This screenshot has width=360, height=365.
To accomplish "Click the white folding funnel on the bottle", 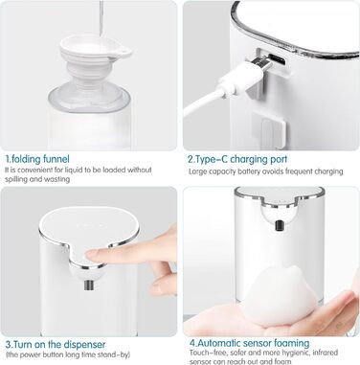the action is pyautogui.click(x=92, y=63).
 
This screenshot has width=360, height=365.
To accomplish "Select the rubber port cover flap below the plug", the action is pyautogui.click(x=268, y=128).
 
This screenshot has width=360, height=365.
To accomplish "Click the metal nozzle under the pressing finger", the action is pyautogui.click(x=88, y=285).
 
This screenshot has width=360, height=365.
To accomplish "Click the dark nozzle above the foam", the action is pyautogui.click(x=280, y=225).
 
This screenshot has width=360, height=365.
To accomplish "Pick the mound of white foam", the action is pyautogui.click(x=279, y=295).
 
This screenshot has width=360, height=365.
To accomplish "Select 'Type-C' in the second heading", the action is pyautogui.click(x=212, y=159).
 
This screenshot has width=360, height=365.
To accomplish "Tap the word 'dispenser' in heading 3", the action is pyautogui.click(x=84, y=345).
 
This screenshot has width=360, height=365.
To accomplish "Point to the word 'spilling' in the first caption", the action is pyautogui.click(x=16, y=179).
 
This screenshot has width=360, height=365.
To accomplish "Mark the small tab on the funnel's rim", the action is pyautogui.click(x=125, y=52).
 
